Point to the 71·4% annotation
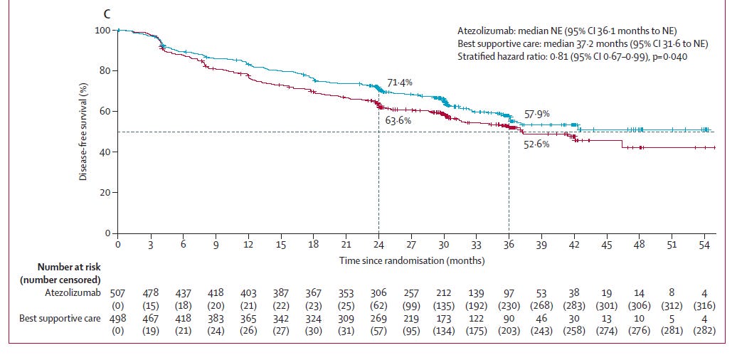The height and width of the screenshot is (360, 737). [x=399, y=83]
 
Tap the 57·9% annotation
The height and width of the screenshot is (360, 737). [x=537, y=114]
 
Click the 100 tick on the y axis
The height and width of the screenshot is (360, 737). [x=102, y=31]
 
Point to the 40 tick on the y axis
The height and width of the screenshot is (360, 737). [x=104, y=152]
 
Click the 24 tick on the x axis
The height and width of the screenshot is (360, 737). [x=378, y=244]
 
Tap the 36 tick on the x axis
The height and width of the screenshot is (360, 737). [x=509, y=244]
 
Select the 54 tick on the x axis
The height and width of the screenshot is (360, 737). [x=704, y=244]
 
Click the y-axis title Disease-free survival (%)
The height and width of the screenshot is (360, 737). [x=83, y=132]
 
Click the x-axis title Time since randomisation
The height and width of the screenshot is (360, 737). [x=411, y=260]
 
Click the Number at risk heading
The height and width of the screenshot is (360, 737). [x=67, y=267]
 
